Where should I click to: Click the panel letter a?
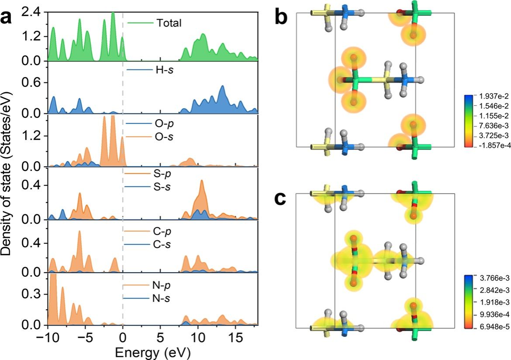coord(10,20)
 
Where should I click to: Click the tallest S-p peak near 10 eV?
coord(201,181)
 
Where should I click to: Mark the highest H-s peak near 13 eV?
coord(222,86)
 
